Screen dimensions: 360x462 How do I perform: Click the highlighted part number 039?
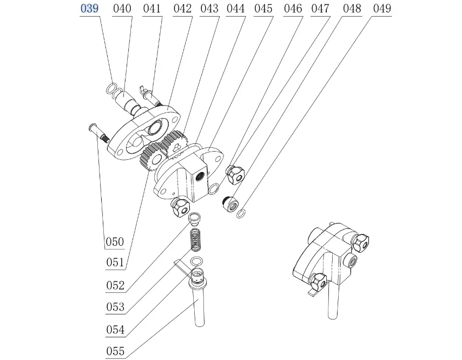tap(89, 9)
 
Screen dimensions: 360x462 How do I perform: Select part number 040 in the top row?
tap(123, 9)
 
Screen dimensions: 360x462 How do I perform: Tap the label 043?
tap(209, 9)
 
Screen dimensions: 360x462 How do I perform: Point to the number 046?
tap(293, 9)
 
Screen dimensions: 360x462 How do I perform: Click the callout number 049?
tap(381, 9)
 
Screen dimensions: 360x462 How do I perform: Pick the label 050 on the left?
tap(114, 241)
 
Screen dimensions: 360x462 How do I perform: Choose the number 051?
tap(114, 263)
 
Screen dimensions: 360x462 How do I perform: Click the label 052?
tap(115, 285)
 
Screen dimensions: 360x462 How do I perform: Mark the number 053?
tap(115, 307)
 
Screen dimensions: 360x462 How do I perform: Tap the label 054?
tap(115, 329)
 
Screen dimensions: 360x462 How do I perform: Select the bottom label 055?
tap(115, 351)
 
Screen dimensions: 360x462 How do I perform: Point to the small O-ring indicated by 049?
tap(241, 214)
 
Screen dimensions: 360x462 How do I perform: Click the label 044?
tap(235, 9)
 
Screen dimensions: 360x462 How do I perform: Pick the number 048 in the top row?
tap(352, 9)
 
